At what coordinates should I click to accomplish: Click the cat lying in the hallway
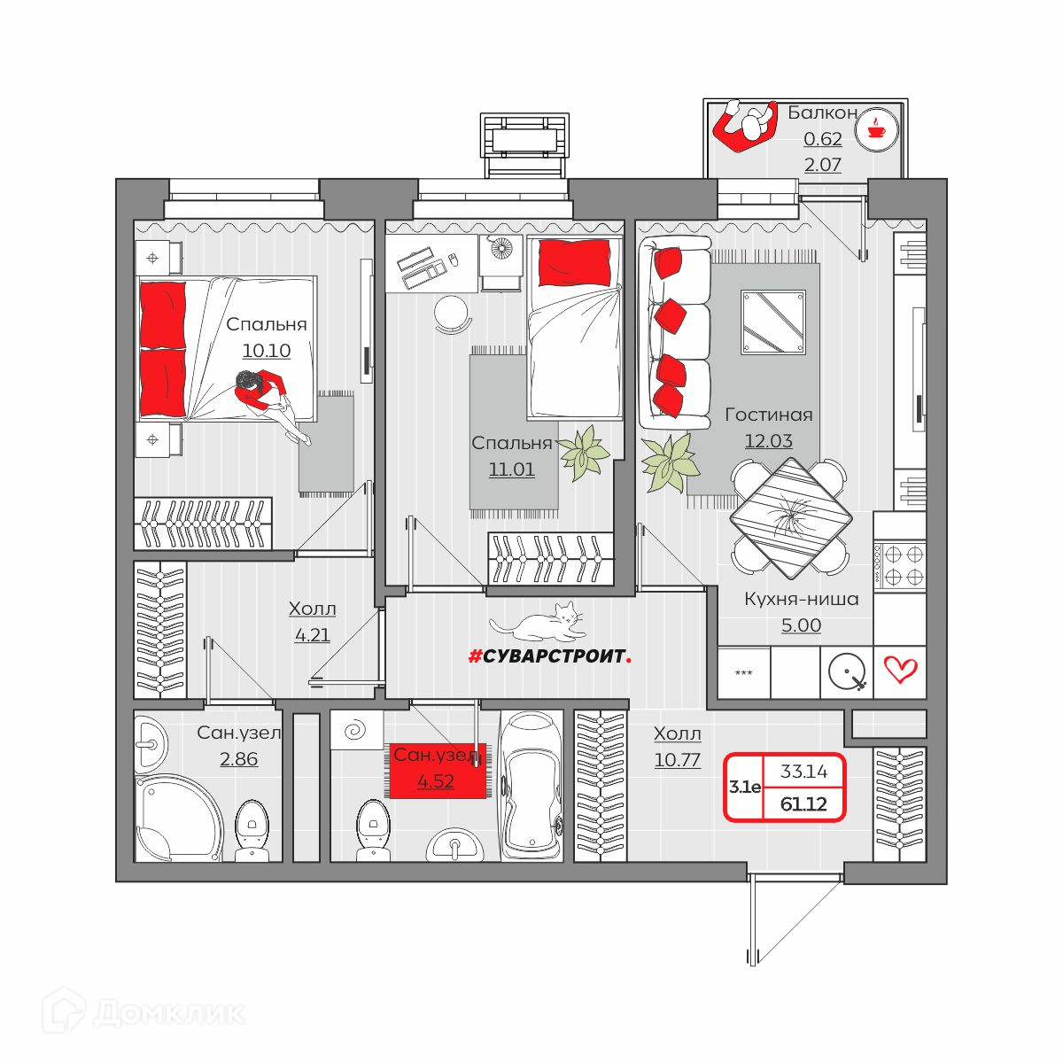coord(535,622)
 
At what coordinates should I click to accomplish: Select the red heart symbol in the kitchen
coord(901,670)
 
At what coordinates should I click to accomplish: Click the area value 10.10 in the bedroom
coord(267,350)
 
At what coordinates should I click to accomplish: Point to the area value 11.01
coord(511,469)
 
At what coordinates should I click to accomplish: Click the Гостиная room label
coord(768,415)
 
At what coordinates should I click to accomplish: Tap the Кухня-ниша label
coord(802,599)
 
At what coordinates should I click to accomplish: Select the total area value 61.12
coord(803,804)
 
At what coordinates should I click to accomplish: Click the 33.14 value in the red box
coord(803,772)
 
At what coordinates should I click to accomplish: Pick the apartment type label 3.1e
coord(745,788)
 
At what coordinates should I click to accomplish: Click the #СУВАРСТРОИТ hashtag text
coord(549,656)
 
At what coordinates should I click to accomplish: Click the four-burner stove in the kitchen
coord(899,564)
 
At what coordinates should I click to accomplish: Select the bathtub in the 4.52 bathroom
coord(532,788)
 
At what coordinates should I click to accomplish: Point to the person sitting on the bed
coord(272,404)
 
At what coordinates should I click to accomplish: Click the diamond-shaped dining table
coord(791,518)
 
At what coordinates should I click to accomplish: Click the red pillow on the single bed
coord(574,263)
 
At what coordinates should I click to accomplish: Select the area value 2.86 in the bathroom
coord(238,759)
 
